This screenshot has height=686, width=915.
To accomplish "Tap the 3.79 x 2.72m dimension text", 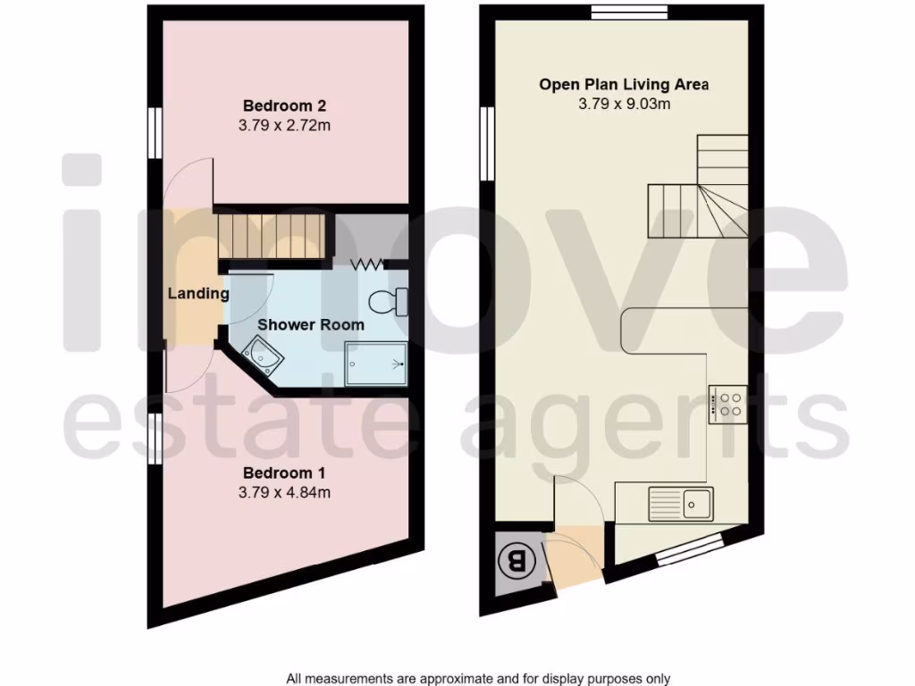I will tap(285, 126).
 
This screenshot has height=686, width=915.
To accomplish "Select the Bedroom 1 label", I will tap(285, 473).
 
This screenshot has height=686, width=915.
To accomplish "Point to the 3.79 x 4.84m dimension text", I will tap(285, 492).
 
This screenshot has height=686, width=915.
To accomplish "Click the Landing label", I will tap(198, 293).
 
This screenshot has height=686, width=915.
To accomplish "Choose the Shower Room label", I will tap(311, 324).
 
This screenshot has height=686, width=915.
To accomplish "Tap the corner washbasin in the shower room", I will tap(264, 356).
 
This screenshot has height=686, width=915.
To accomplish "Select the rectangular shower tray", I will tap(376, 364).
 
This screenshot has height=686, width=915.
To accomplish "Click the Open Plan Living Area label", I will tap(624, 85).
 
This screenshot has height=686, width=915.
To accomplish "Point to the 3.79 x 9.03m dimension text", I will tap(624, 105).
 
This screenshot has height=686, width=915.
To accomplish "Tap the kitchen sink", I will tap(698, 503).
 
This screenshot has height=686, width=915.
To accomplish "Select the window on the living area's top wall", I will tap(630, 12).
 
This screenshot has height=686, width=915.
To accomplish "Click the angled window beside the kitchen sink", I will tap(690, 548).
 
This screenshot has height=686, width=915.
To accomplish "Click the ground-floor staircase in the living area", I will tap(701, 192).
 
